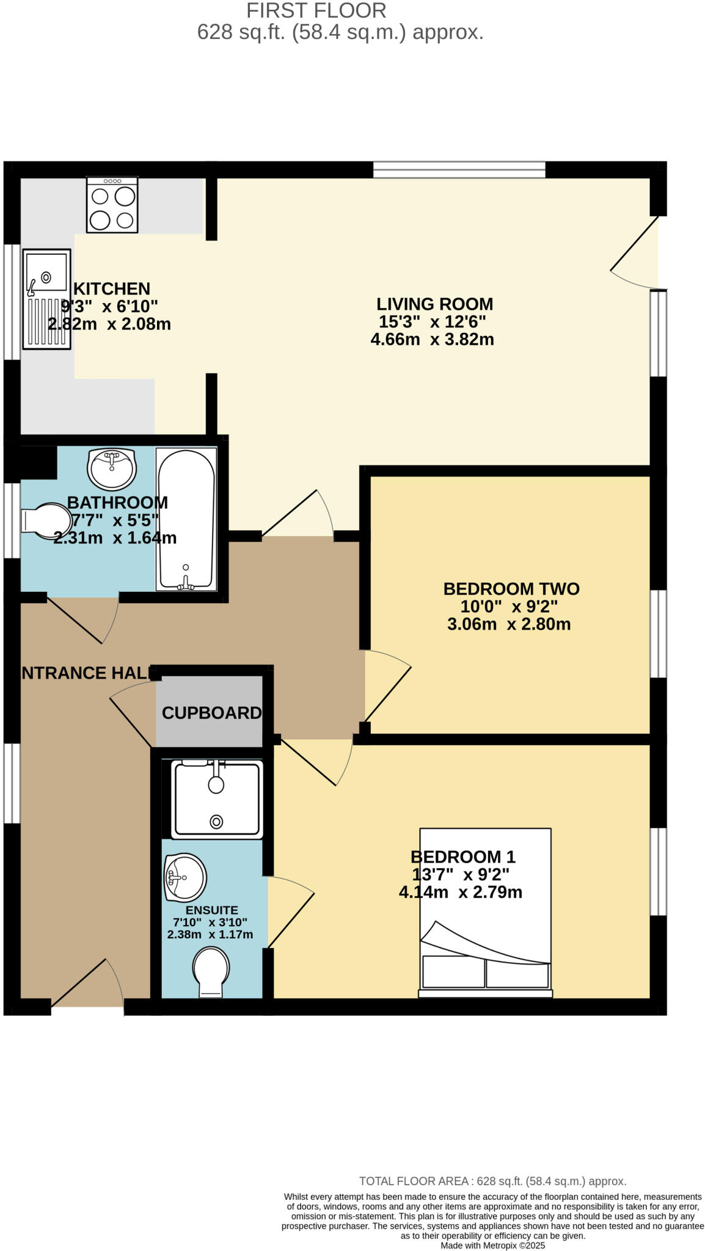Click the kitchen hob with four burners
pos(112,205)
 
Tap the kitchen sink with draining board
pos(46,299)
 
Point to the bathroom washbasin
pos(112,469)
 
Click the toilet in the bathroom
pos(46,521)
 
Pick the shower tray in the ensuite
pos(217,799)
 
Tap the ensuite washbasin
pos(186,878)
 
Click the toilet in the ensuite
pos(211,972)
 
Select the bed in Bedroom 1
pos(486,913)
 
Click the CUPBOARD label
pos(212,713)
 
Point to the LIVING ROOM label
pos(435,304)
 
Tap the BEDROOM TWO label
pos(511,589)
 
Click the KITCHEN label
pos(112,288)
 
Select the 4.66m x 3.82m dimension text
pos(433,340)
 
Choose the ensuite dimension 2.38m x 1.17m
pos(210,935)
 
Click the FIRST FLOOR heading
pos(316,10)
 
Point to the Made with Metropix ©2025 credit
pos(493,1246)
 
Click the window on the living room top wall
pos(459,170)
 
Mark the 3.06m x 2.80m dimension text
pos(510,624)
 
